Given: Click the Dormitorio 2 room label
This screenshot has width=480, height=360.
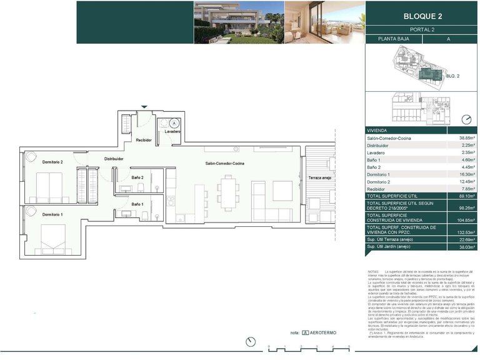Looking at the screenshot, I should coord(52,162).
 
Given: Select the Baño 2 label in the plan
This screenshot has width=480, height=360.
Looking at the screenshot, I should coord(137,177).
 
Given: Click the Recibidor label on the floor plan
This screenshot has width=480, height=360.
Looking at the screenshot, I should coord(144,140).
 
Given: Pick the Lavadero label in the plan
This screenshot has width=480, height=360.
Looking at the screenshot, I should coord(173,132).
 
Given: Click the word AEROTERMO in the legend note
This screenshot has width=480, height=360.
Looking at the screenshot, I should coord(325,333).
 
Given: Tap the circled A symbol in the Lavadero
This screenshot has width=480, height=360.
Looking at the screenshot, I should coord(174,122).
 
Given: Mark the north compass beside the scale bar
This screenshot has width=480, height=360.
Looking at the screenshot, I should coord(251,341).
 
